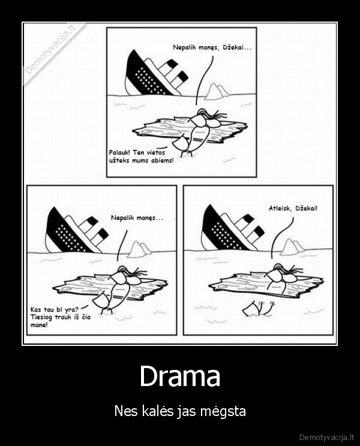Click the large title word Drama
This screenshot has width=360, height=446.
pyautogui.click(x=180, y=377)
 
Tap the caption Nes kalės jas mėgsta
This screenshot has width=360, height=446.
pyautogui.click(x=180, y=412)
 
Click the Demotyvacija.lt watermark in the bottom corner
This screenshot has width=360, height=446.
pyautogui.click(x=326, y=436)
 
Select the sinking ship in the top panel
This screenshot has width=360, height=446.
pyautogui.click(x=153, y=73)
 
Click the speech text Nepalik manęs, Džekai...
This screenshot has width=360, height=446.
pyautogui.click(x=212, y=47)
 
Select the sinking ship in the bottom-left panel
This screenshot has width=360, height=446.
pyautogui.click(x=75, y=231)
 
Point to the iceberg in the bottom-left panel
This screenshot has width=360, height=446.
pyautogui.click(x=139, y=249)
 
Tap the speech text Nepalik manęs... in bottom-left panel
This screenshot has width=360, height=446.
pyautogui.click(x=137, y=218)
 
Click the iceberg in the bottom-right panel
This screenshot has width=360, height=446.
pyautogui.click(x=293, y=246)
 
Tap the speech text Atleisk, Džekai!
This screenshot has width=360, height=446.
pyautogui.click(x=293, y=209)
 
